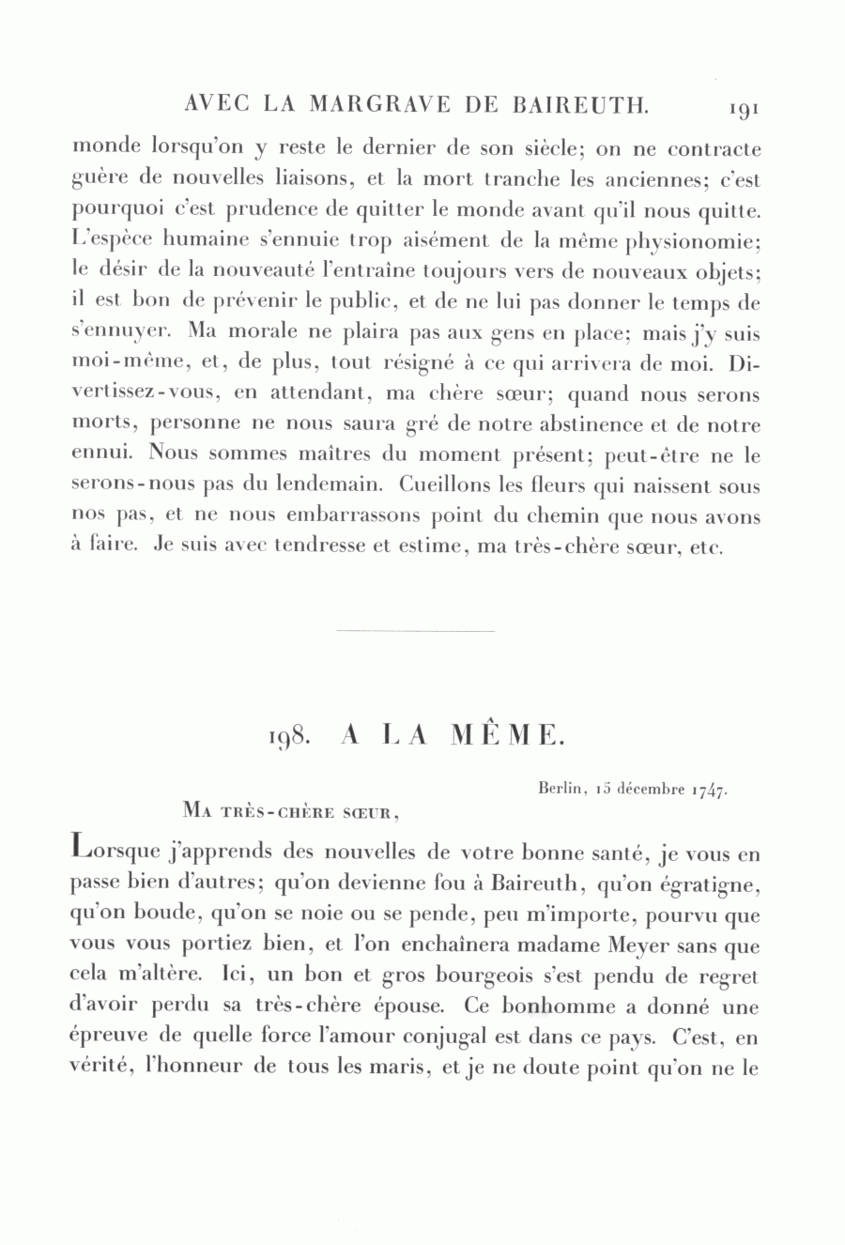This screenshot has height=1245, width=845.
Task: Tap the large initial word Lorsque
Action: (115, 853)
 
